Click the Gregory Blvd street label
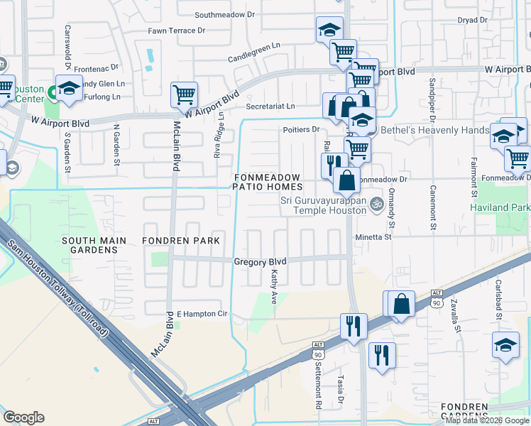point(260,261)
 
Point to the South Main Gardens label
point(94,241)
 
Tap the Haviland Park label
point(500,207)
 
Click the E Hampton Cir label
point(202,313)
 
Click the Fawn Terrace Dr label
point(176,31)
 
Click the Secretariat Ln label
point(270,106)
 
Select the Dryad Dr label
point(473,20)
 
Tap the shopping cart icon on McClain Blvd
point(184,93)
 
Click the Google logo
point(23,417)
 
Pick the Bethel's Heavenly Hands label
point(434,131)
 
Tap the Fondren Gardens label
point(464,412)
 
